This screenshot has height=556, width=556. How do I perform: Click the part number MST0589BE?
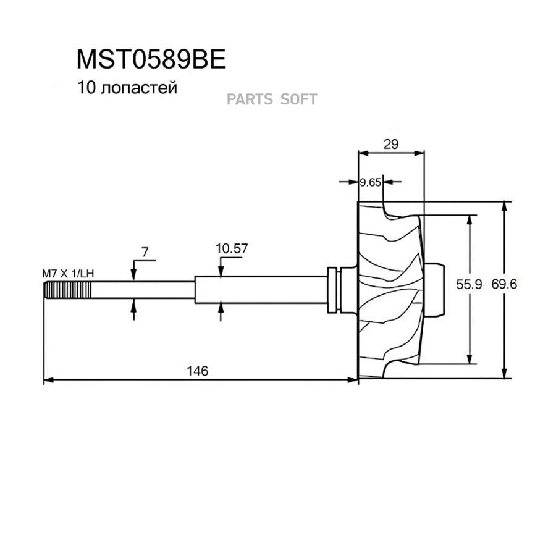tap(151, 60)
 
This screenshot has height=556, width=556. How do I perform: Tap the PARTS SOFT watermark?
tap(272, 99)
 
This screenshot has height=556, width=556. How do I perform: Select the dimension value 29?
tap(390, 144)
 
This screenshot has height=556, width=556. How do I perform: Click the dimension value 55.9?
tap(468, 284)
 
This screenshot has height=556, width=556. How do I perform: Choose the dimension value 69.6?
tap(504, 284)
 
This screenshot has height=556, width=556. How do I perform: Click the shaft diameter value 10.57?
tap(232, 248)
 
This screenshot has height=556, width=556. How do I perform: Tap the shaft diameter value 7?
tap(145, 251)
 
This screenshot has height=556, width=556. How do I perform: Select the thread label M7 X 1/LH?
tap(68, 272)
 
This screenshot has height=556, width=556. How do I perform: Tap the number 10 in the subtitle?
tap(85, 88)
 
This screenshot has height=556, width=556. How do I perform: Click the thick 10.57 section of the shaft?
tap(259, 289)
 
